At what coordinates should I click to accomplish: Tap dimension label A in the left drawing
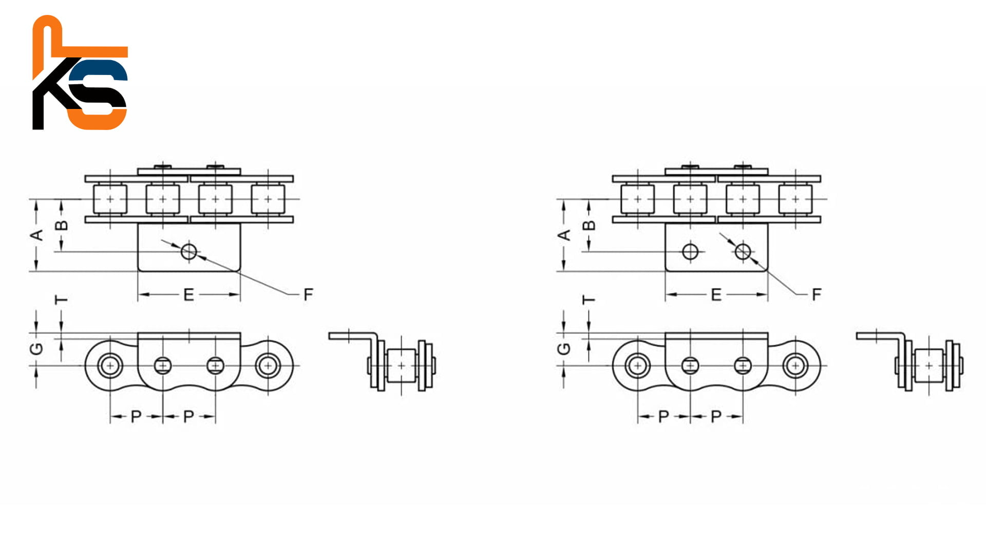[36, 235]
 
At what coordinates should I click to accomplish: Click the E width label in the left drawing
[188, 294]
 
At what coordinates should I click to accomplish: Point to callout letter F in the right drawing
[817, 294]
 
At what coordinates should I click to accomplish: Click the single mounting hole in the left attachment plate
[188, 252]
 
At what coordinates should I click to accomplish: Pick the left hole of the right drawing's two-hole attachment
[690, 252]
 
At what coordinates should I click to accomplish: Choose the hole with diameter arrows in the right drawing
[743, 252]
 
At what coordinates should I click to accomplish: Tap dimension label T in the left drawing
[61, 299]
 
